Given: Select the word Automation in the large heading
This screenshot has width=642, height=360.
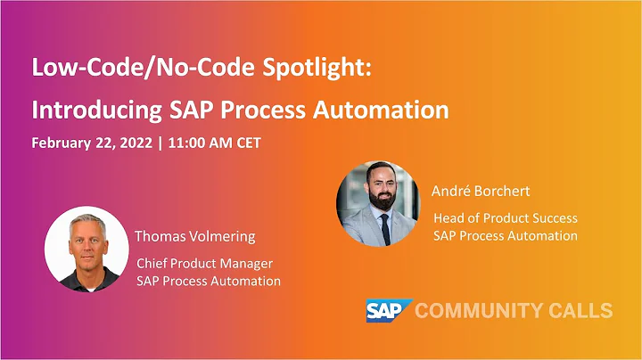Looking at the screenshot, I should (x=383, y=110).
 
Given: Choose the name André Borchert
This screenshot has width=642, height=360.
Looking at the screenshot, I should (x=481, y=191).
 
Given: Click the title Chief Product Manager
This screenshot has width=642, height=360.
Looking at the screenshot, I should (x=204, y=264).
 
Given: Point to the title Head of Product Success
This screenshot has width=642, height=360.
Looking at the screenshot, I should (x=505, y=217).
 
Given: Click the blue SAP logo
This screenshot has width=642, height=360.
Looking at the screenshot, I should (x=387, y=310).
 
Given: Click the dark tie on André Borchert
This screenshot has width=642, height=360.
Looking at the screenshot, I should (x=384, y=229).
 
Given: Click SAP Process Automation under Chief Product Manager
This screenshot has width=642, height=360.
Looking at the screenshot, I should (x=209, y=282).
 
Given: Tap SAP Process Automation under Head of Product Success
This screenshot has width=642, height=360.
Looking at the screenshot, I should (x=505, y=235).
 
